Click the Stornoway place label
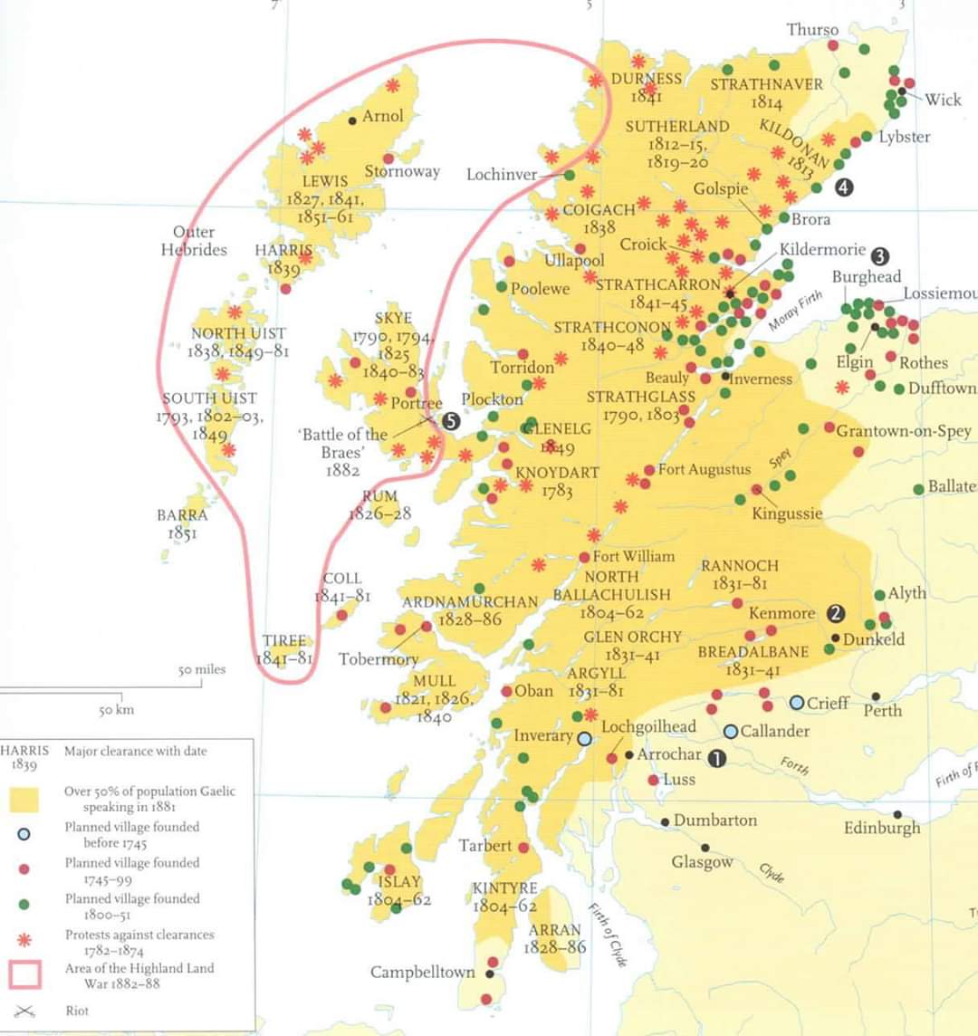(402, 171)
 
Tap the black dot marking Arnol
(352, 120)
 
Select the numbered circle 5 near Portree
(451, 420)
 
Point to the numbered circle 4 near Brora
(844, 187)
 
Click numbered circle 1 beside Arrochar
(716, 758)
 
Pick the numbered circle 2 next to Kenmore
(835, 614)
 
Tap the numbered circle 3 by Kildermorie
(880, 256)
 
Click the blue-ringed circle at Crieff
(797, 703)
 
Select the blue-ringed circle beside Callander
(731, 731)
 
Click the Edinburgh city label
(881, 828)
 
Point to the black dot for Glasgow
(705, 848)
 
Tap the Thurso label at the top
(812, 30)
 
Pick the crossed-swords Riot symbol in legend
(24, 1012)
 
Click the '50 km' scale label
(116, 710)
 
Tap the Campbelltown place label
(422, 972)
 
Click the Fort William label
(633, 556)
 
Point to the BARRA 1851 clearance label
(182, 524)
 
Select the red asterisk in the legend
(24, 941)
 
